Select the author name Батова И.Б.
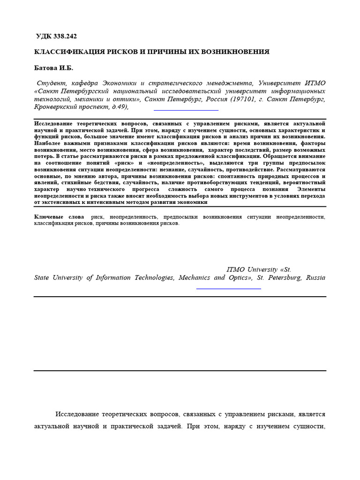coord(54,68)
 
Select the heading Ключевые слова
coord(59,217)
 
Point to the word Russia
coord(315,277)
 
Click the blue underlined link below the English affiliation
coord(228,287)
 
